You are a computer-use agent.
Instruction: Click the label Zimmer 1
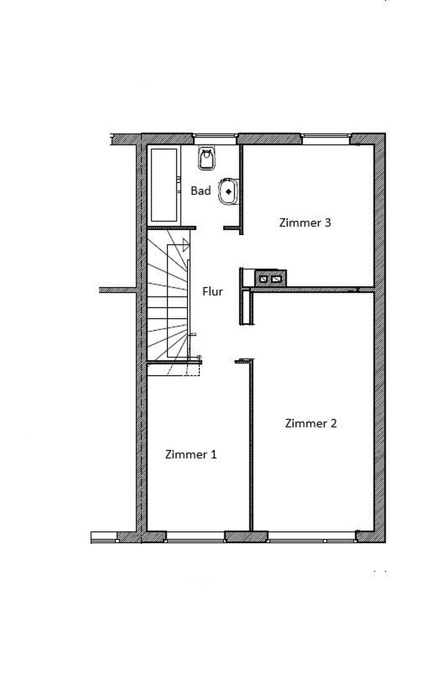coord(191,454)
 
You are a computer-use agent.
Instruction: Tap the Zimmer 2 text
coord(311,423)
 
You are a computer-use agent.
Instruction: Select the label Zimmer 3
coord(305,222)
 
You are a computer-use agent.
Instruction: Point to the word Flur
coord(212,291)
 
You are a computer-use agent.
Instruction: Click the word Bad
coord(201,191)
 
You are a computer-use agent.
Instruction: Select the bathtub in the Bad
coord(164,185)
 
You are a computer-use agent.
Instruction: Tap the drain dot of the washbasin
coord(229,191)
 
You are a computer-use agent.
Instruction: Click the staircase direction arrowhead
coord(186,245)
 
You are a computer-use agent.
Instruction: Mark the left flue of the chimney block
coord(264,278)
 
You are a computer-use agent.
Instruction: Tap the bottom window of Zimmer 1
coord(195,536)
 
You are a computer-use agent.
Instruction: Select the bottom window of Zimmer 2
coord(311,536)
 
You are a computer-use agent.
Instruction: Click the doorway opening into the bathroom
coord(210,228)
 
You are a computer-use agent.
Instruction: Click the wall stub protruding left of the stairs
coord(117,290)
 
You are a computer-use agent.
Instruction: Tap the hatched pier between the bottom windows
coord(246,536)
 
